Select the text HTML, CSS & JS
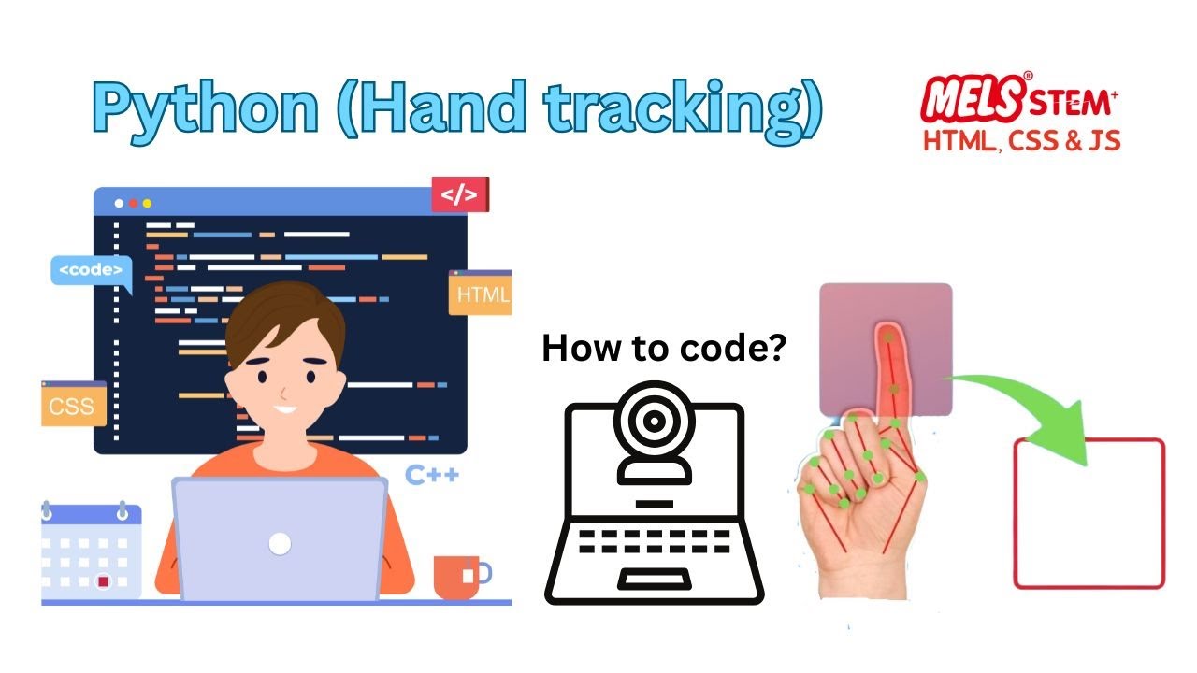click(x=1021, y=140)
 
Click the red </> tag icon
click(x=458, y=195)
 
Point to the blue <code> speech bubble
click(x=90, y=271)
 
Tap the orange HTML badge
click(x=482, y=294)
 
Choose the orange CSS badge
click(x=73, y=407)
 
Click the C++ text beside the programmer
click(x=432, y=475)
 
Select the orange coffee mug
click(x=455, y=577)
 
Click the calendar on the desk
click(x=92, y=553)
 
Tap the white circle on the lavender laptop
click(x=280, y=543)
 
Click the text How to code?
click(x=664, y=350)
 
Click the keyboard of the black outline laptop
click(x=654, y=541)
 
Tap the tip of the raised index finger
click(x=886, y=333)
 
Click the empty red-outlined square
click(x=1089, y=514)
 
